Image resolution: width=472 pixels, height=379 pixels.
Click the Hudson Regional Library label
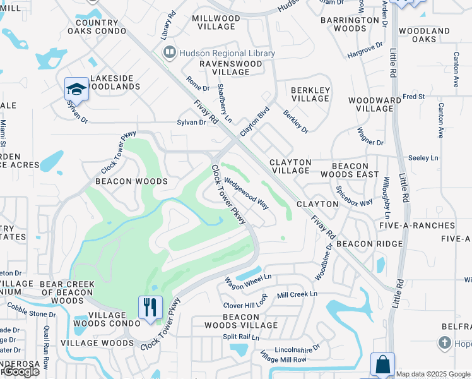coord(227,54)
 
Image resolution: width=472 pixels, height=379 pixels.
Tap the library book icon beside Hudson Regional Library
coord(169,53)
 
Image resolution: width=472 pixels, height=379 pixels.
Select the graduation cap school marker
coord(76,89)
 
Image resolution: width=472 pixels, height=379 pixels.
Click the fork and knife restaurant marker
coord(150,308)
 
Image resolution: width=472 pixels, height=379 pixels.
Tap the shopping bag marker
coord(382,364)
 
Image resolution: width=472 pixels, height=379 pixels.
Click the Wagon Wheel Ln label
coord(248,277)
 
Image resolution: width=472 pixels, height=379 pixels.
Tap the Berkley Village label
coord(310,94)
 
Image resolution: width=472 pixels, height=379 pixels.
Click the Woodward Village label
coord(374,104)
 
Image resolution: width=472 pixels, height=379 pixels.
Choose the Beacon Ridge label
coord(369,244)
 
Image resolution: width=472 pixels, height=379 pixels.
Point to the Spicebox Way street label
coord(354,198)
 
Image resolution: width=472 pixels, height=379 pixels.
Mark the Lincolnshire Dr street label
coord(297,349)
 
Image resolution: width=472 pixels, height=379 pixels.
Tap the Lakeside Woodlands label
coord(114,82)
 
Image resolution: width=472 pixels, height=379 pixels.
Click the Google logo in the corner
coord(21,371)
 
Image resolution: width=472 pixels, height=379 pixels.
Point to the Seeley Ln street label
coord(423,158)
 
